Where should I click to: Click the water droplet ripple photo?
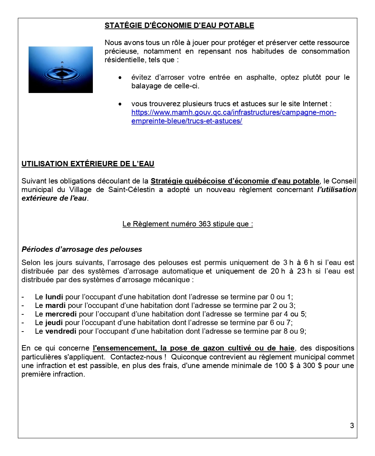pyautogui.click(x=61, y=70)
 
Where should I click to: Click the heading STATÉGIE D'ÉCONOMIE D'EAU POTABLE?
pyautogui.click(x=179, y=25)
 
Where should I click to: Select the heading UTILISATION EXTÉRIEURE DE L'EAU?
pyautogui.click(x=88, y=164)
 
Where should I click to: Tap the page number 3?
pyautogui.click(x=352, y=425)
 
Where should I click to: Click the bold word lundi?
pyautogui.click(x=54, y=297)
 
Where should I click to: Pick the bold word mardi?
pyautogui.click(x=55, y=305)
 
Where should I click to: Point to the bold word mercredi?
pyautogui.click(x=61, y=314)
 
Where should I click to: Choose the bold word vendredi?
pyautogui.click(x=61, y=331)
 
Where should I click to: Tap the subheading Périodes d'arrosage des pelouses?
pyautogui.click(x=82, y=249)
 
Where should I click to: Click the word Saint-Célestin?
pyautogui.click(x=131, y=190)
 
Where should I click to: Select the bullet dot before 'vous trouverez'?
pyautogui.click(x=120, y=104)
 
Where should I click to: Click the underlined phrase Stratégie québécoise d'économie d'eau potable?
pyautogui.click(x=235, y=181)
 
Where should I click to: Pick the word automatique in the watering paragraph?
pyautogui.click(x=183, y=271)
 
